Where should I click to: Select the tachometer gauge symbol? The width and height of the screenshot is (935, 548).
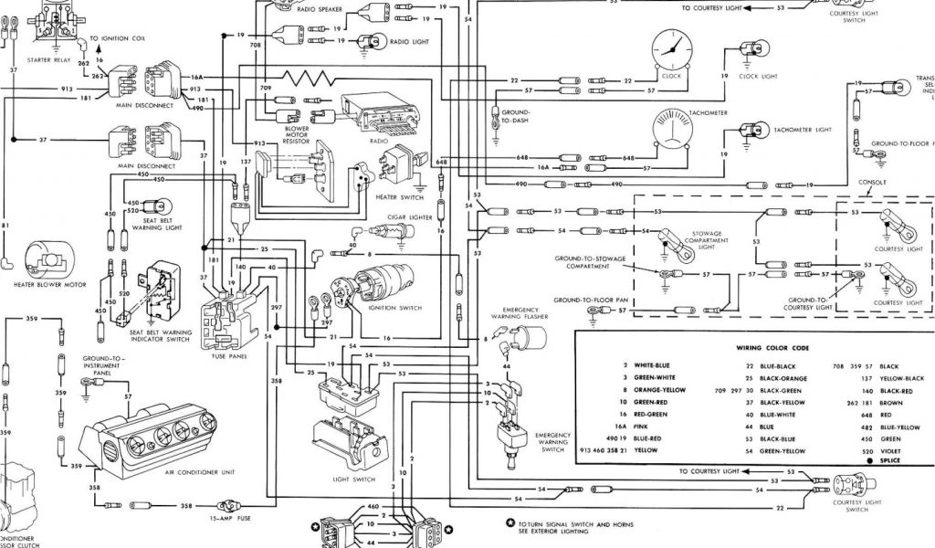tap(677, 133)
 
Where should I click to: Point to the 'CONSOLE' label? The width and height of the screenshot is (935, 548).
tap(874, 182)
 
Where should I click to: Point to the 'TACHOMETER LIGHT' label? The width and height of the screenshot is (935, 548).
tap(803, 130)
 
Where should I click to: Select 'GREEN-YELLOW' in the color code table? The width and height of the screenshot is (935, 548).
tap(783, 451)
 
